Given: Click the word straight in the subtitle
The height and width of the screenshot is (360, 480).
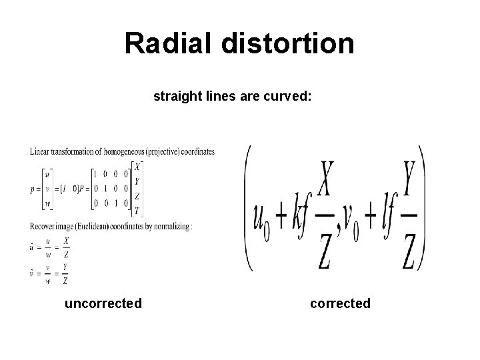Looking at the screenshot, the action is [x=177, y=97].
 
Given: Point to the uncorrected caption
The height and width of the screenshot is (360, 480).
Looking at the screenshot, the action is [x=103, y=304].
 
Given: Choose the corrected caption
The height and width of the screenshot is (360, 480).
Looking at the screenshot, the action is [x=340, y=304].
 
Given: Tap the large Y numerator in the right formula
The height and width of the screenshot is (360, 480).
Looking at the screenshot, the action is [x=411, y=179].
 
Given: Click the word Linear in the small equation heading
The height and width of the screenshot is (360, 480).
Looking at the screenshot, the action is [x=39, y=152].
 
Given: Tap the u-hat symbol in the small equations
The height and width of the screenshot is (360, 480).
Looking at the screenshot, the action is [x=32, y=246].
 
